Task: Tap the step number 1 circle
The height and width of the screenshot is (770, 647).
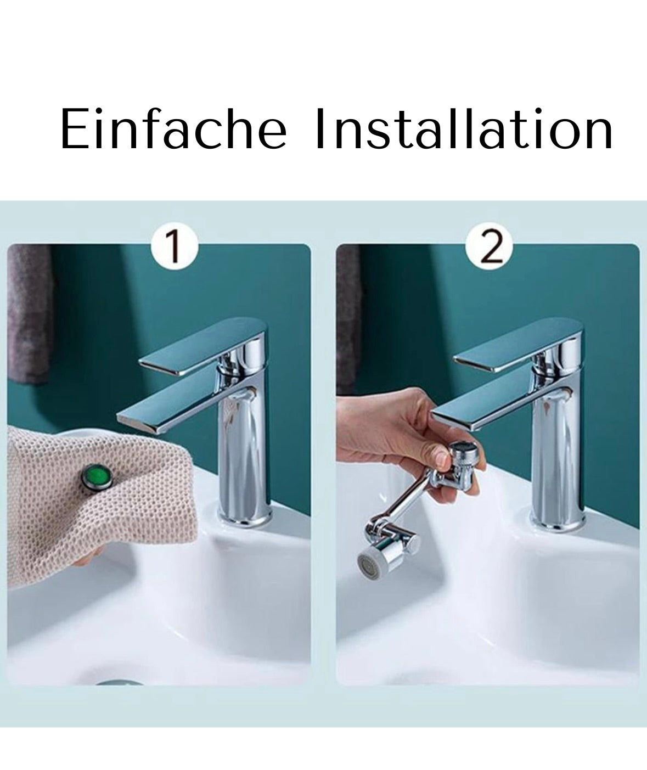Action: point(175,246)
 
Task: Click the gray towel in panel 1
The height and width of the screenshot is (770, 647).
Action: point(29,313)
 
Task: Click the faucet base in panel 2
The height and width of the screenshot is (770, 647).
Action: point(558,518)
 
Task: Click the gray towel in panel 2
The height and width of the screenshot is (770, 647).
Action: point(348,313)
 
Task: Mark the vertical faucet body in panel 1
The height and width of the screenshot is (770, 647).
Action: point(245,442)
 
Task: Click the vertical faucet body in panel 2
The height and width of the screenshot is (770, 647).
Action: point(558,442)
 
